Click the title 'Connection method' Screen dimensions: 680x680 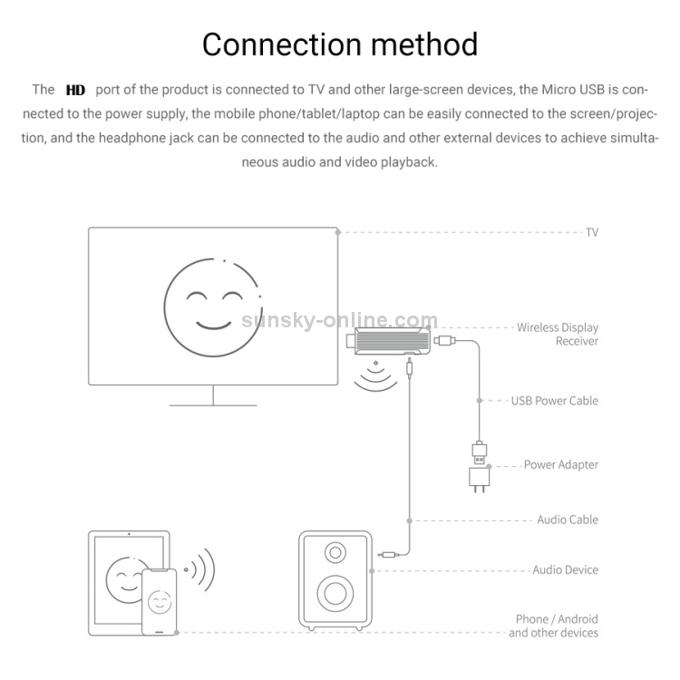click(340, 44)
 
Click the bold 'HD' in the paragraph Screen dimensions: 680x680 click(75, 90)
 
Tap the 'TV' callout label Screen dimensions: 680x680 click(591, 232)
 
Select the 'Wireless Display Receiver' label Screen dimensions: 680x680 click(558, 334)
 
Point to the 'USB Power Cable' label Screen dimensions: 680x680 click(554, 400)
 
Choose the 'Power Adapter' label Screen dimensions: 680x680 click(560, 464)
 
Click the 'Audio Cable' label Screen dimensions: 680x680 click(568, 520)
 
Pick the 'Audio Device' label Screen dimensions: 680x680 click(565, 569)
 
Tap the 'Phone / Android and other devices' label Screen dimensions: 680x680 click(553, 626)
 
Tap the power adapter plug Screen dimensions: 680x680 click(479, 478)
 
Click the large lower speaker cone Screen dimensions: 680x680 click(335, 595)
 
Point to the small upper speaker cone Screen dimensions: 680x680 click(335, 551)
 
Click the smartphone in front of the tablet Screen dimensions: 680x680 click(159, 600)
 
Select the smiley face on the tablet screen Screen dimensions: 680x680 click(122, 578)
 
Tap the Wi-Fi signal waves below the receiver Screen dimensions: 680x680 click(374, 378)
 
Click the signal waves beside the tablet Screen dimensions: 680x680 click(201, 569)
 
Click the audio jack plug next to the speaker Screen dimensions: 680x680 click(391, 554)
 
